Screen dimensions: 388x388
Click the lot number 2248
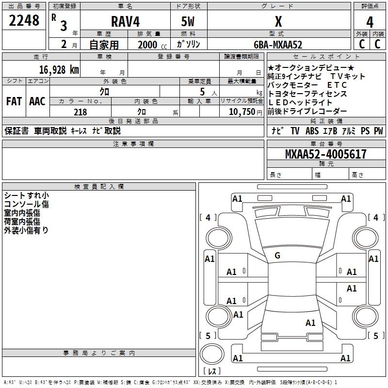click(x=24, y=20)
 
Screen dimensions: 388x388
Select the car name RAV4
click(x=125, y=21)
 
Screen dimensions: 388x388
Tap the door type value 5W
click(x=188, y=21)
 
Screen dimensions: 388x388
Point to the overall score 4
click(x=370, y=22)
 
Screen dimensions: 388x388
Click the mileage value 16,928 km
click(x=59, y=70)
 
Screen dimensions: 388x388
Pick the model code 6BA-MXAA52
click(x=278, y=45)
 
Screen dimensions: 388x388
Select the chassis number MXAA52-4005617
click(x=325, y=154)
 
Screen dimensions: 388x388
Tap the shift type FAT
click(x=14, y=101)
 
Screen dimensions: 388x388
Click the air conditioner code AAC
click(x=37, y=101)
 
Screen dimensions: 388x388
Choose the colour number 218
click(x=80, y=112)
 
